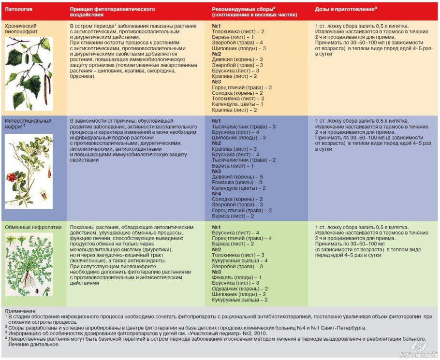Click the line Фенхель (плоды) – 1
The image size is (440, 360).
233,277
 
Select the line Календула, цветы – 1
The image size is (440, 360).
237,104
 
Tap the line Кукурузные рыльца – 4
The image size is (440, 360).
240,260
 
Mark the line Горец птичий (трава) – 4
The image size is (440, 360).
242,238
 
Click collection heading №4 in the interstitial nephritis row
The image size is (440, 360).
217,194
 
